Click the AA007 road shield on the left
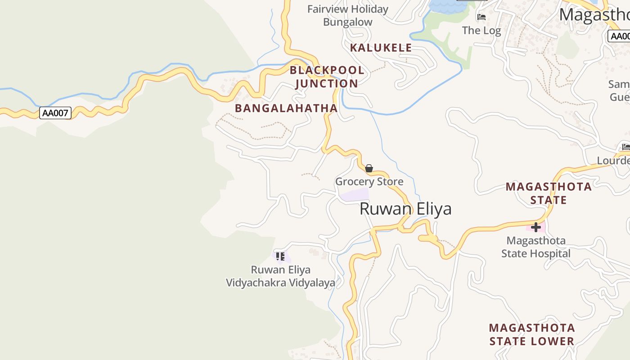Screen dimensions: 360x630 pyautogui.click(x=55, y=113)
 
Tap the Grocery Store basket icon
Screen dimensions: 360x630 pyautogui.click(x=369, y=169)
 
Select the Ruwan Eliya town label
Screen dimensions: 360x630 pyautogui.click(x=405, y=209)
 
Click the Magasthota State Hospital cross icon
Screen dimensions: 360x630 pyautogui.click(x=535, y=227)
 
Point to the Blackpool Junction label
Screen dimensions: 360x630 pyautogui.click(x=327, y=77)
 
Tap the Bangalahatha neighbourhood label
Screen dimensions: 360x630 pyautogui.click(x=286, y=108)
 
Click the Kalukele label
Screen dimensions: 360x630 pyautogui.click(x=381, y=48)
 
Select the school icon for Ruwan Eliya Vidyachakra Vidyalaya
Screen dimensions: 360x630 pyautogui.click(x=280, y=256)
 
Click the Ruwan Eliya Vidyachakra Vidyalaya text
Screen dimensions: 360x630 pyautogui.click(x=280, y=276)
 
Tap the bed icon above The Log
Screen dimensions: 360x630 pyautogui.click(x=481, y=17)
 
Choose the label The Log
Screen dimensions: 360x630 pyautogui.click(x=481, y=31)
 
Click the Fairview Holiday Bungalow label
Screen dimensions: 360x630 pyautogui.click(x=347, y=15)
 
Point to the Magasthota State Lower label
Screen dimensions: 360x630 pyautogui.click(x=532, y=334)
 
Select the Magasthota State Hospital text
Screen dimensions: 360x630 pyautogui.click(x=535, y=247)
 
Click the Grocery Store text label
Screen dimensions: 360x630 pyautogui.click(x=369, y=182)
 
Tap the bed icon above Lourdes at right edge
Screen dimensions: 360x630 pyautogui.click(x=625, y=147)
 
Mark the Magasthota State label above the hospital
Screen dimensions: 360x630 pyautogui.click(x=549, y=193)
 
